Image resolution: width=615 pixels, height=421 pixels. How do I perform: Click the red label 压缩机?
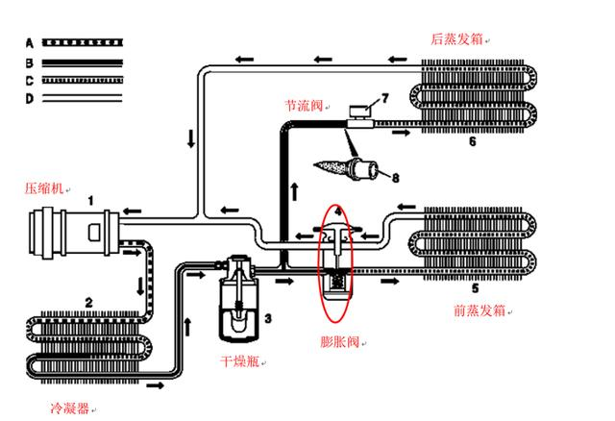click(x=44, y=188)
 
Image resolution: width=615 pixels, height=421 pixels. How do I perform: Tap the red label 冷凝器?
click(x=69, y=409)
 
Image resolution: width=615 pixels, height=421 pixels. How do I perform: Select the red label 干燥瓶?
click(x=239, y=360)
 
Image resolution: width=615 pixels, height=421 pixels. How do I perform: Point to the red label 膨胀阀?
click(x=339, y=342)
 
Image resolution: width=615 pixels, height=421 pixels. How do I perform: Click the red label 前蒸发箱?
click(x=480, y=310)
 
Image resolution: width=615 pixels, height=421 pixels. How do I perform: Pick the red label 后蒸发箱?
click(x=456, y=38)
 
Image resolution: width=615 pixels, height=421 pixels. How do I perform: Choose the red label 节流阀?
click(x=304, y=105)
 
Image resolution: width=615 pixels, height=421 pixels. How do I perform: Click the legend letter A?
click(x=30, y=42)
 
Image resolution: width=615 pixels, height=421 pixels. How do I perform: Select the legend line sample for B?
click(x=83, y=62)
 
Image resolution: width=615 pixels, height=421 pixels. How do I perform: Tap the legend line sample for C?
click(x=83, y=81)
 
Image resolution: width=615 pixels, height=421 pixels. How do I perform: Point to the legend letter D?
click(x=30, y=99)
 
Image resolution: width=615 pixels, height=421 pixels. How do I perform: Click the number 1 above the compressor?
click(x=90, y=201)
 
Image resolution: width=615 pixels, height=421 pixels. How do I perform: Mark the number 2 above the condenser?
click(x=89, y=303)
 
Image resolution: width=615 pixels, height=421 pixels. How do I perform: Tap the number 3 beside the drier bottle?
click(x=268, y=318)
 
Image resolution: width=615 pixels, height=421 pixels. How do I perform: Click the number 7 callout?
click(x=384, y=98)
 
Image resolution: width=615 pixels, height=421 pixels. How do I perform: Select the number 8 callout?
click(x=395, y=178)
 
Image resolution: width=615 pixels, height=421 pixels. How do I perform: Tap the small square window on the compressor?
click(x=94, y=232)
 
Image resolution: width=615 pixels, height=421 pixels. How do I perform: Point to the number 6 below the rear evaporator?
click(x=473, y=141)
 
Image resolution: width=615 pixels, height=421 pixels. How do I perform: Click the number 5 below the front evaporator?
click(x=475, y=288)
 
